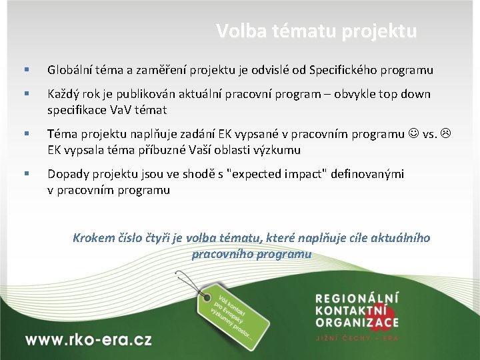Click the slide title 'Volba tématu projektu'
point(316,31)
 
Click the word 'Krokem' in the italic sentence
point(93,238)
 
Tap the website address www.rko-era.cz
point(88,339)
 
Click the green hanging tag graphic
point(233,313)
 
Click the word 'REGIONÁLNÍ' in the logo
point(357,298)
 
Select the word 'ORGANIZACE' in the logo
point(357,323)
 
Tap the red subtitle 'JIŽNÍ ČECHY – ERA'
point(357,338)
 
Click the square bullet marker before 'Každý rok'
point(26,94)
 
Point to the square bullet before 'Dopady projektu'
point(26,174)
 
